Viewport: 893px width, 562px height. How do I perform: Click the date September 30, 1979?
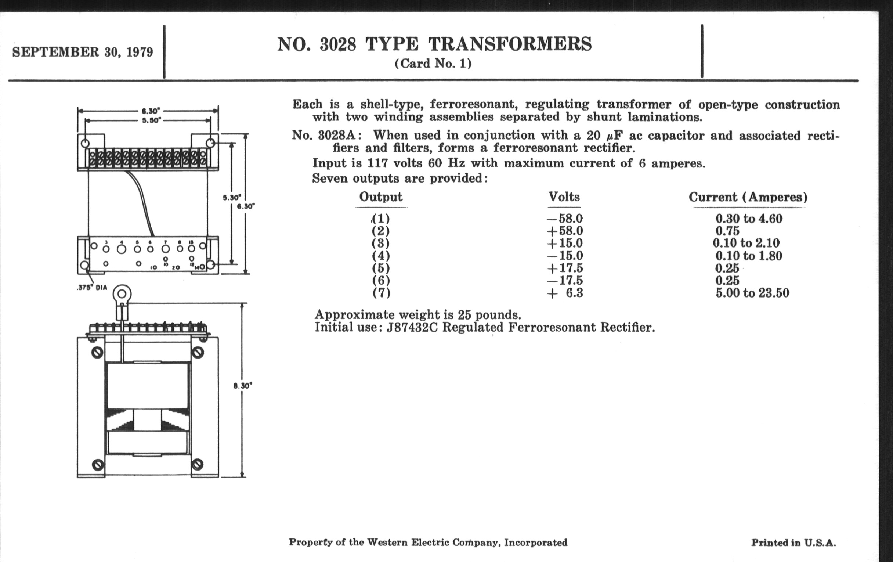pos(82,52)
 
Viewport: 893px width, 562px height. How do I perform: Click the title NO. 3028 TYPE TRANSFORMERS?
pos(434,44)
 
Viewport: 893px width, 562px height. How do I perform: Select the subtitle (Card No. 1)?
pos(433,64)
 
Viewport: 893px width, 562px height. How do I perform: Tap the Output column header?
pos(380,197)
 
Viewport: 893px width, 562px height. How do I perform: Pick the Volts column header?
pos(564,197)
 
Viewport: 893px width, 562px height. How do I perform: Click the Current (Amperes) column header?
pos(748,197)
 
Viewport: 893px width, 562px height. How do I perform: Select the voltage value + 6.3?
pos(565,293)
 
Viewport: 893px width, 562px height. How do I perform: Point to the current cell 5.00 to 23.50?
pos(752,293)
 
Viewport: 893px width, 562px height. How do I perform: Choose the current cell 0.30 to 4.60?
pos(749,219)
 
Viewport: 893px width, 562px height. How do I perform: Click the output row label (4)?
pos(381,256)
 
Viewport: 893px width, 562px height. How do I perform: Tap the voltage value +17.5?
pos(564,268)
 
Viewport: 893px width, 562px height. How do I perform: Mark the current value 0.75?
pos(727,231)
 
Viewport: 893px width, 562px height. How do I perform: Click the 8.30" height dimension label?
pos(243,386)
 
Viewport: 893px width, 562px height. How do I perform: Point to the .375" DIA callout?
pos(91,288)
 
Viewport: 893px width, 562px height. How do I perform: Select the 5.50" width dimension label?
pos(151,120)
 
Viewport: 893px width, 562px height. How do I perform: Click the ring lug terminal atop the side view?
pos(122,295)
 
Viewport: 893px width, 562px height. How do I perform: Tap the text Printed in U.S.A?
pos(793,543)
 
